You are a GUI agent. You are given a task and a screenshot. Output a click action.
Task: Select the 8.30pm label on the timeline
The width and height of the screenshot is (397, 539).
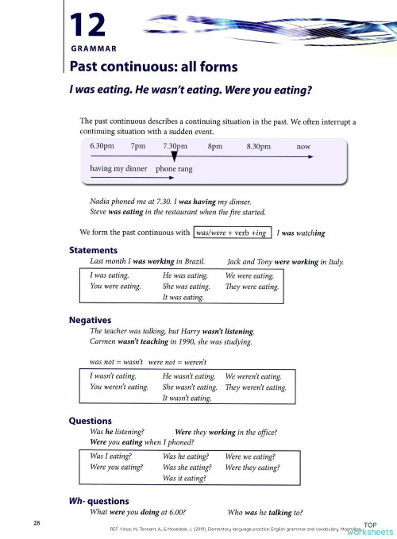pos(259,147)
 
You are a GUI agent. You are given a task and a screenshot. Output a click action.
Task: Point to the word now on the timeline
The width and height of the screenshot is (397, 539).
pos(303,147)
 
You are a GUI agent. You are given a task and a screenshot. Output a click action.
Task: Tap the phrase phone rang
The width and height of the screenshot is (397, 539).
pos(174,169)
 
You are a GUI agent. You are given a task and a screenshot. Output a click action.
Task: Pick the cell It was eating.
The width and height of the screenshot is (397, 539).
pos(183,298)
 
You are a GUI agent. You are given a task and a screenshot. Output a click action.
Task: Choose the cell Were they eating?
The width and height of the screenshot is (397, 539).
pos(253,468)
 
